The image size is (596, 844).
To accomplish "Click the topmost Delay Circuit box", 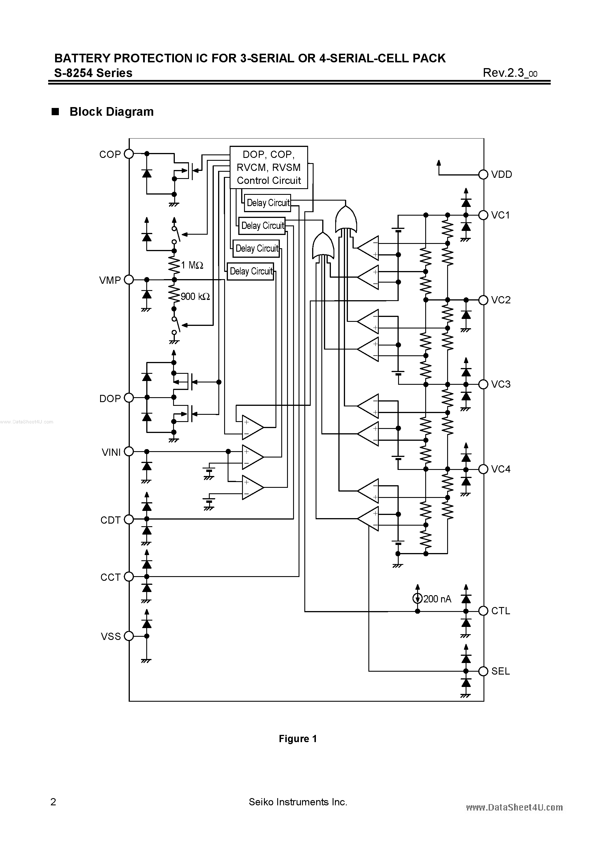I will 267,203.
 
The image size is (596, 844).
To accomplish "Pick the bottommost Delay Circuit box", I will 251,271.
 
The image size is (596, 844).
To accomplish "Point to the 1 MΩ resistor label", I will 192,265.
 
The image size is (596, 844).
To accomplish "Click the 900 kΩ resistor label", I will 195,296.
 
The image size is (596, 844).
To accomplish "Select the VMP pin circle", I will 129,280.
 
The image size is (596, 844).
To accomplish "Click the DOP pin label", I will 110,398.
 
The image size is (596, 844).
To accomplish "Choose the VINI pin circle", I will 129,451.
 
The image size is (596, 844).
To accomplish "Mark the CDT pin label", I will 110,520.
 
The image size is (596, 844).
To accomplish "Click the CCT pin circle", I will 129,577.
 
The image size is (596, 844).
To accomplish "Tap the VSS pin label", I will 110,636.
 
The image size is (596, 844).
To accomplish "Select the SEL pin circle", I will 483,671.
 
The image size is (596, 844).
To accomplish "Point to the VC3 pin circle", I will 483,384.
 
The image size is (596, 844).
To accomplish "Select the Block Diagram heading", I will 111,112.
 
